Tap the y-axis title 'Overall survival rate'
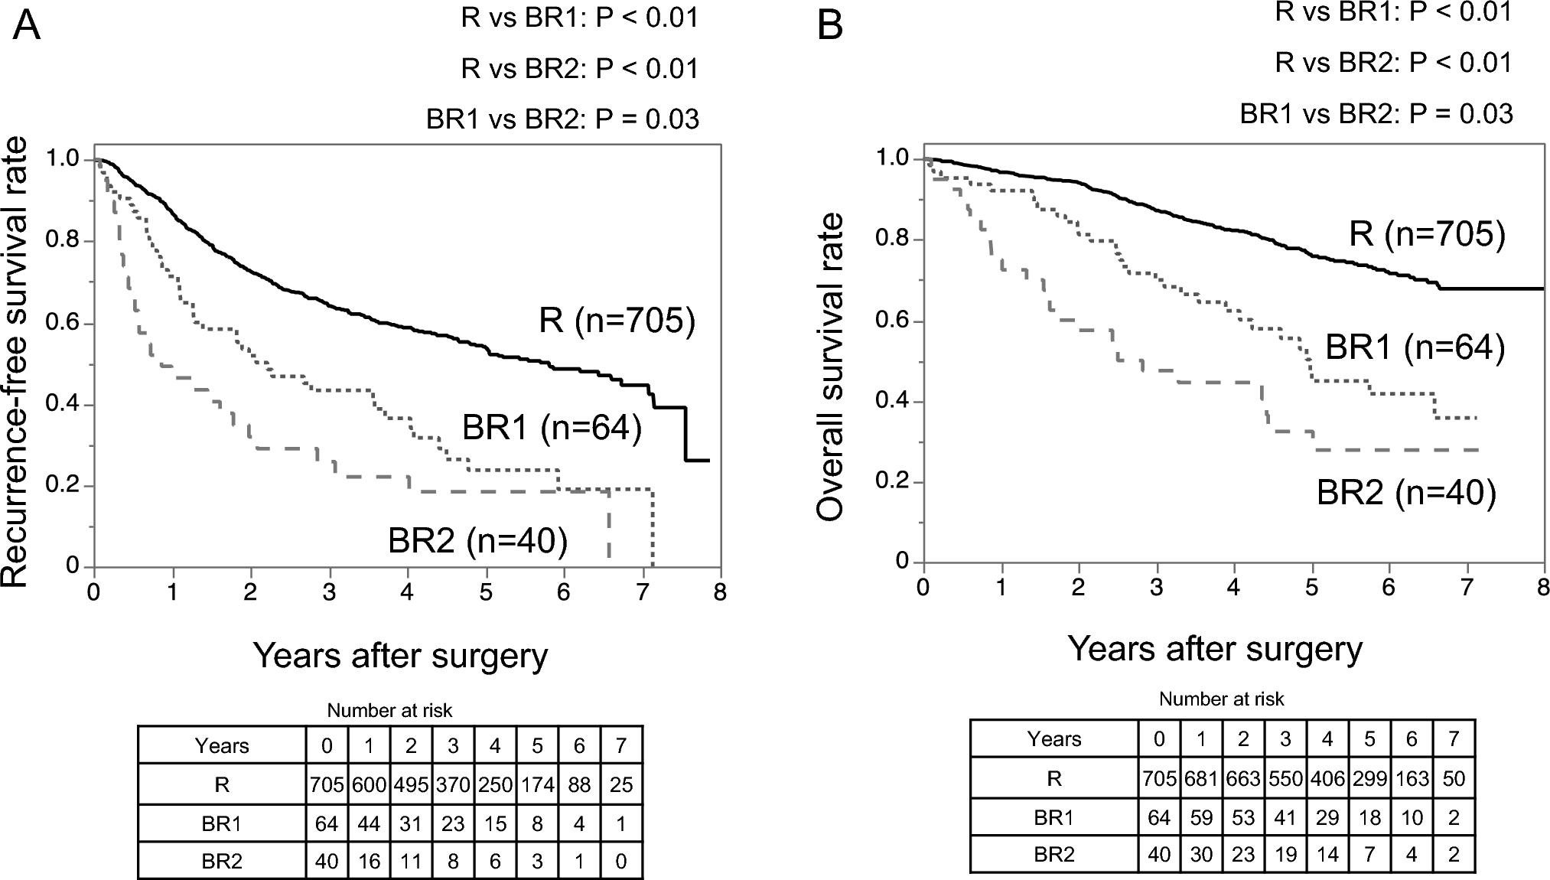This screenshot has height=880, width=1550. [831, 367]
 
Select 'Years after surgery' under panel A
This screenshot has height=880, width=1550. [400, 656]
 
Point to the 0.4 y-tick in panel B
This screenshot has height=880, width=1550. [891, 402]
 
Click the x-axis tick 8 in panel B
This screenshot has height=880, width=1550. [1543, 588]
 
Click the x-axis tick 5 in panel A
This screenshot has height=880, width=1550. [485, 593]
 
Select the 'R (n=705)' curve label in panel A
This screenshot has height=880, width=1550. [617, 320]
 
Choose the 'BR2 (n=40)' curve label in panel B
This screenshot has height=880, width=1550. [1406, 492]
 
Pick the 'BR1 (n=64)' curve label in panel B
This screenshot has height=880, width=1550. [1415, 347]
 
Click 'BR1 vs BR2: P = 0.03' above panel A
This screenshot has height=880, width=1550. [562, 119]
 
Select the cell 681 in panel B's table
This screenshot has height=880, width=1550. [1201, 778]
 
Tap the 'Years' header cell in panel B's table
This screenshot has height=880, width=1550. [1053, 739]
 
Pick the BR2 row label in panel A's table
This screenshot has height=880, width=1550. [222, 861]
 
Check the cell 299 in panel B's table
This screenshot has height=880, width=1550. [1369, 778]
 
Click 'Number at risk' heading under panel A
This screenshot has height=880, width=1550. [389, 711]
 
